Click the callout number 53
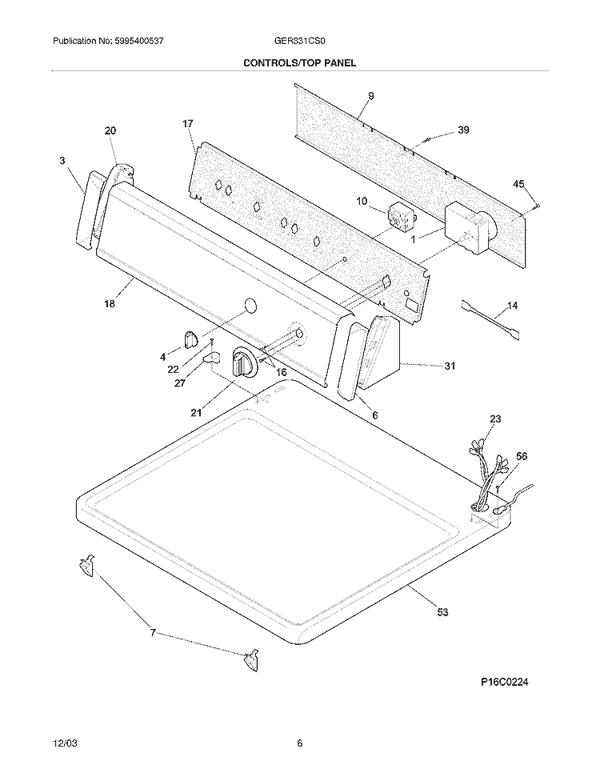click(x=442, y=612)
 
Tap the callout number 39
click(x=463, y=130)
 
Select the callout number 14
click(x=512, y=305)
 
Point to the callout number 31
click(x=450, y=366)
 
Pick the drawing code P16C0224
click(x=504, y=682)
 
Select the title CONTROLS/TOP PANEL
click(x=299, y=63)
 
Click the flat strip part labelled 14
click(x=490, y=319)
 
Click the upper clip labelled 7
click(x=86, y=566)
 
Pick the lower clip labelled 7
click(x=251, y=659)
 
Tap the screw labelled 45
click(x=535, y=206)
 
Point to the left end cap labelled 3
click(x=88, y=209)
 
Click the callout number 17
click(x=188, y=123)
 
